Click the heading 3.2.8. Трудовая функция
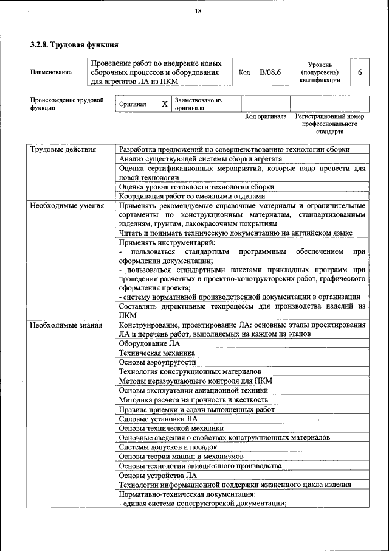point(74,45)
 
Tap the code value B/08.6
point(270,72)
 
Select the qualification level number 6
point(360,72)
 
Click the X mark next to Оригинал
point(165,104)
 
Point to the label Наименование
point(50,72)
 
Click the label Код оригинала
point(265,116)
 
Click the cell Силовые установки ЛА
point(158,419)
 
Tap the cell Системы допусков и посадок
point(168,447)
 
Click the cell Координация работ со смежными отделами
point(192,196)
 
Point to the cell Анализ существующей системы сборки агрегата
point(201,159)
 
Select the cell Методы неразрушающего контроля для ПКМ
point(195,381)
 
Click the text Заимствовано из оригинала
point(198,104)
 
